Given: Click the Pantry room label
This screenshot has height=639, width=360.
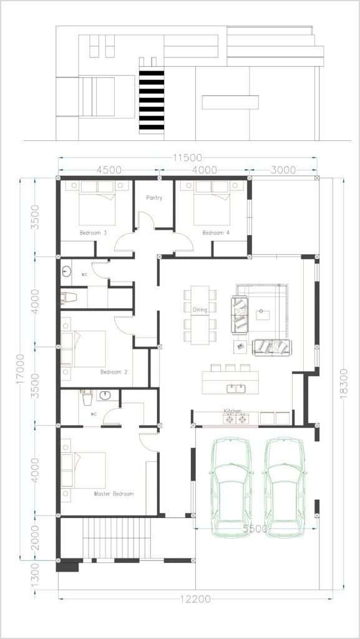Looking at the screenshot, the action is tap(154, 198).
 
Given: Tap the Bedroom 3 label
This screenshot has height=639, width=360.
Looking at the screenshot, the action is tap(93, 233).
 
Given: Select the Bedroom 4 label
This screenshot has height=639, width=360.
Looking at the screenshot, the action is tap(216, 233).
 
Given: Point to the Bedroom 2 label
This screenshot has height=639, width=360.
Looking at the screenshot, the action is tap(114, 372).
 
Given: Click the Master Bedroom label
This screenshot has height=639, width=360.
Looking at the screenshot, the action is tap(114, 494).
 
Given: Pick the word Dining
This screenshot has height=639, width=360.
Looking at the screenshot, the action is tap(200, 310).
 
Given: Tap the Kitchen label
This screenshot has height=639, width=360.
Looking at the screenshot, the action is tap(232, 411).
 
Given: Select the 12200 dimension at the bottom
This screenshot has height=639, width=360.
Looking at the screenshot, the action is tap(196, 599).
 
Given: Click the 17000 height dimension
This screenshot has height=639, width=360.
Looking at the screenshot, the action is tap(21, 369).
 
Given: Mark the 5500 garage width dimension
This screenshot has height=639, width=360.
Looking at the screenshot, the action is tap(255, 529).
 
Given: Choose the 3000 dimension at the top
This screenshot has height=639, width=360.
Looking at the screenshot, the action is tap(283, 170).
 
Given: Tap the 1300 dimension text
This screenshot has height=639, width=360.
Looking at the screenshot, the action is tap(35, 575).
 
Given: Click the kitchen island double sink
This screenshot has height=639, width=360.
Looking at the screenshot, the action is tap(236, 388).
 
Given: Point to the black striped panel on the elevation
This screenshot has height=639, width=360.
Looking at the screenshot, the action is tap(152, 101).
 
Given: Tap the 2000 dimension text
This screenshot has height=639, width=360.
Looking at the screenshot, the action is tap(35, 537).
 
